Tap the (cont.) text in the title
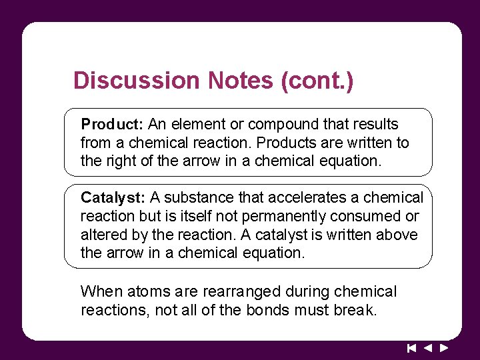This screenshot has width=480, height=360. [x=317, y=81]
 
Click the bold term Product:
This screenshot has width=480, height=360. [x=112, y=125]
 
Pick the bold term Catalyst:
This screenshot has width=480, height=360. [x=113, y=198]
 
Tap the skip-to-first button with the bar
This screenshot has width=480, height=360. [x=411, y=347]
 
